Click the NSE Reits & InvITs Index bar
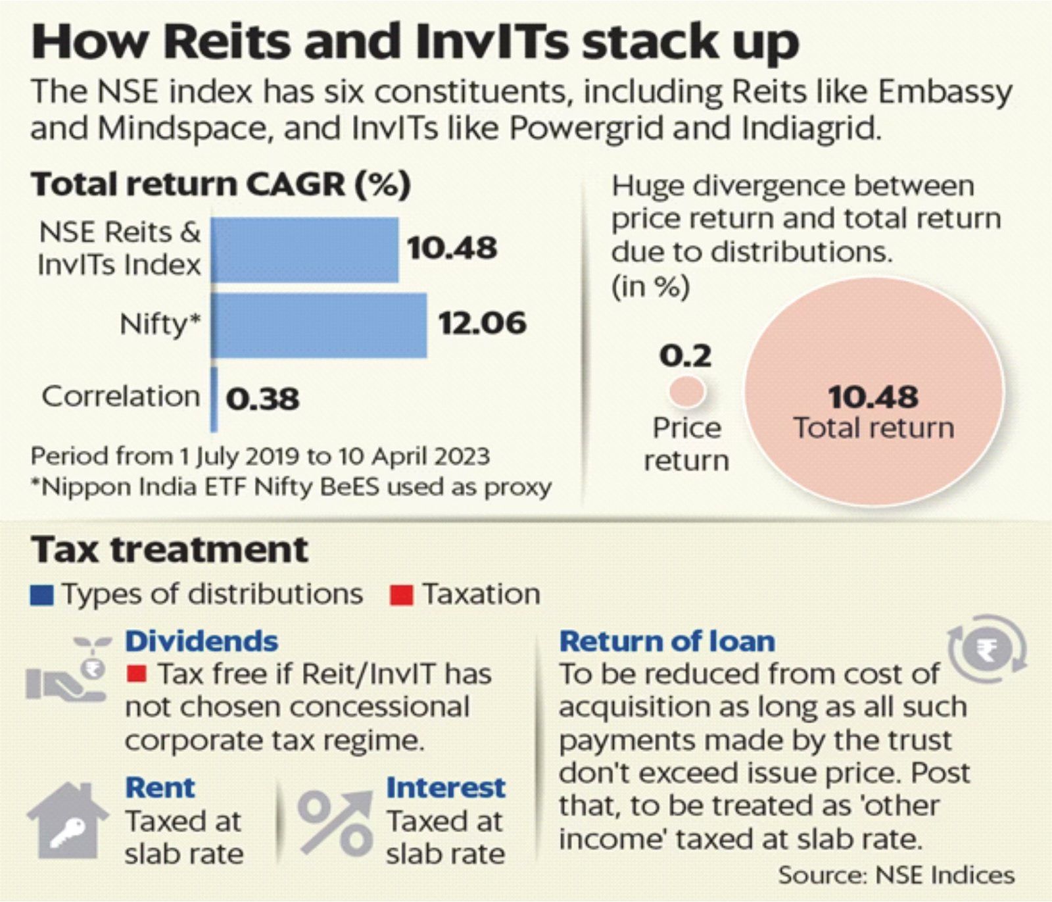304,249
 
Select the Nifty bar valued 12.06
319,324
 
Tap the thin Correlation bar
214,399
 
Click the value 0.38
262,399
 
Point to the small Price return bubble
686,391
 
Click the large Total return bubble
874,391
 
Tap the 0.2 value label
685,356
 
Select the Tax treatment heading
170,549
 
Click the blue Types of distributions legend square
42,595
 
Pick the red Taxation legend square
401,595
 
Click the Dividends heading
202,641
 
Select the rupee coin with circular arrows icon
987,649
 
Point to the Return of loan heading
667,641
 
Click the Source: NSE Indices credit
896,875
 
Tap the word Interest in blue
446,788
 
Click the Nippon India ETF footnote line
291,488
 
